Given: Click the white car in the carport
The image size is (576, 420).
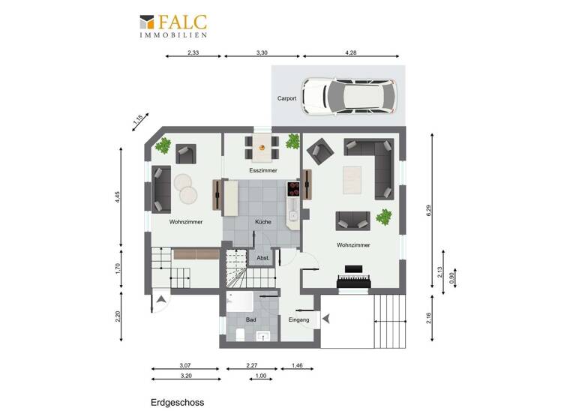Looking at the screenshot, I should pos(349,97).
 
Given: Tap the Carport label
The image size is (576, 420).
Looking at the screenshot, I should pos(286,98).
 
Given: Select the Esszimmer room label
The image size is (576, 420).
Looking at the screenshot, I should pos(262,172).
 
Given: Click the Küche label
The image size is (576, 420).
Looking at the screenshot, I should pos(262,222).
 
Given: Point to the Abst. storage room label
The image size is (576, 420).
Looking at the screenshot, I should pos(263,258).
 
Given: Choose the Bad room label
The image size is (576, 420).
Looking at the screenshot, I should pos(250,320).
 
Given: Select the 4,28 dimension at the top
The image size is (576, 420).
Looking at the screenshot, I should pos(351,53).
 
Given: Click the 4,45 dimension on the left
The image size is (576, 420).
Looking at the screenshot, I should pos(117,197).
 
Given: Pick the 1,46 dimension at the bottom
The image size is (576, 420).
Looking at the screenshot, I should pos(297,365).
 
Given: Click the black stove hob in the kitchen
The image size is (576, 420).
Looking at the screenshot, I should pos(293,185).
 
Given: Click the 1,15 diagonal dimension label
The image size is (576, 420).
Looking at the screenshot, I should pos(138,119).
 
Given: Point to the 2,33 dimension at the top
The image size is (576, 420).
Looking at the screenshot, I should pos(193,53).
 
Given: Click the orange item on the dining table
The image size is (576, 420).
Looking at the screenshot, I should pos(262,148).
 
